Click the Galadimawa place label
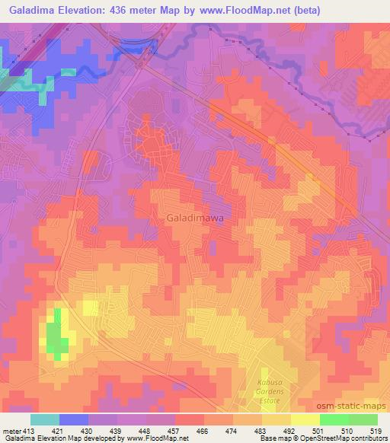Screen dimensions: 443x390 coord(191,218)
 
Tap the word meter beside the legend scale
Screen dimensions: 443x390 coord(11,431)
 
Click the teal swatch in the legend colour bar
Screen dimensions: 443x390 coord(45,419)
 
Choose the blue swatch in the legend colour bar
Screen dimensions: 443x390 coord(74,419)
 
